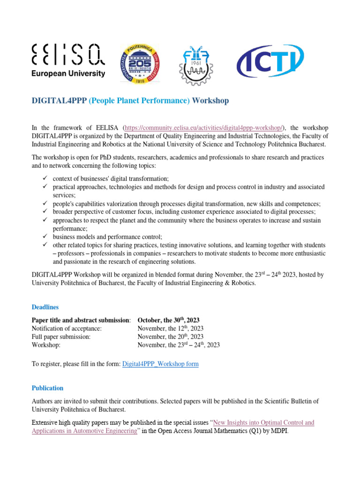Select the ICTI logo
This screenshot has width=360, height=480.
(270, 61)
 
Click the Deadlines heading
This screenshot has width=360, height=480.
(45, 307)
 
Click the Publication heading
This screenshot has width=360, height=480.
(47, 388)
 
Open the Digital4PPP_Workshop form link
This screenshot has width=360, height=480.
(160, 364)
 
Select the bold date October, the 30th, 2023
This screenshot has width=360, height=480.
(170, 320)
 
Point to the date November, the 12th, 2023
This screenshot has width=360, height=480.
(171, 329)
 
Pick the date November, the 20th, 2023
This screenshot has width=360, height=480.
(171, 337)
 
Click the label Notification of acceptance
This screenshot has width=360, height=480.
(66, 329)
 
